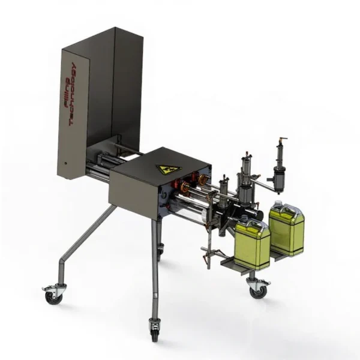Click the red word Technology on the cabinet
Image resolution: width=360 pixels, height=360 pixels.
[x=73, y=94]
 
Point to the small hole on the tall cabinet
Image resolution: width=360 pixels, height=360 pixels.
[x=65, y=163]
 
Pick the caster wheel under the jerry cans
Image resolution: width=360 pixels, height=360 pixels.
[x=257, y=287]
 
